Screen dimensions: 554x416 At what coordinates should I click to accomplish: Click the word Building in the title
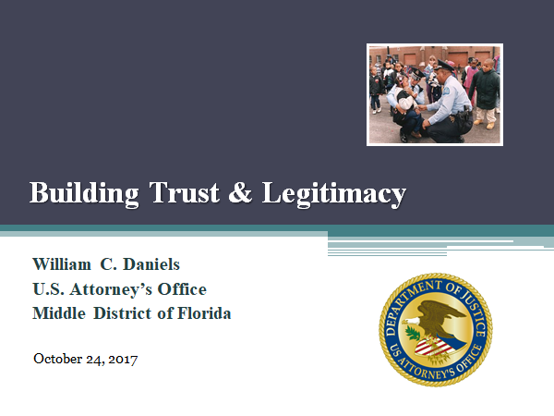coord(84,193)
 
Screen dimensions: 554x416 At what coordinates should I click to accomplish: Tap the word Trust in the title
coord(184,192)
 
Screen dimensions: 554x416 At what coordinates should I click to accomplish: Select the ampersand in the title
coord(240,192)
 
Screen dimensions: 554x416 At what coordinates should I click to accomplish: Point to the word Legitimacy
coord(334,193)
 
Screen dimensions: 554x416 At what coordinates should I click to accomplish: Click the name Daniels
coord(151,264)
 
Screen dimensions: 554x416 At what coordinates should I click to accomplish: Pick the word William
coord(62,264)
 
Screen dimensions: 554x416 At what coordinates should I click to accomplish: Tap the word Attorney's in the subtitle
coord(111,289)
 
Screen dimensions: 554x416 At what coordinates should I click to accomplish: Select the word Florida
coord(204,313)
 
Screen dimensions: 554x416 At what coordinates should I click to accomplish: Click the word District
coord(123,313)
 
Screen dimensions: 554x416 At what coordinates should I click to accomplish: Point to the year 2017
coord(123,359)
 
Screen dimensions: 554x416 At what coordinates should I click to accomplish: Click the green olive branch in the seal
coord(412,333)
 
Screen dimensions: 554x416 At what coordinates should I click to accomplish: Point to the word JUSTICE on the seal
coord(475,312)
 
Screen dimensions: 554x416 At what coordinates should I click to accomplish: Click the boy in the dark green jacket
coord(486,92)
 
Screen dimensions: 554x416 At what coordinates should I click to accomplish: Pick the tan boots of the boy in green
coord(484,124)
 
